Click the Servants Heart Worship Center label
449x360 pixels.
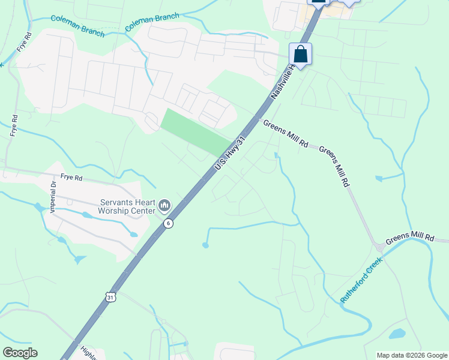[127, 207]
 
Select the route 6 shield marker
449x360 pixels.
[168, 223]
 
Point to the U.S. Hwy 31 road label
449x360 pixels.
[231, 155]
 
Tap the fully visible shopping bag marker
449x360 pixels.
[300, 55]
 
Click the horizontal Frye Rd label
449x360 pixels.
[71, 178]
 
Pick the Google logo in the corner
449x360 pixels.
[20, 353]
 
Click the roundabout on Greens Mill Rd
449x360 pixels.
[379, 247]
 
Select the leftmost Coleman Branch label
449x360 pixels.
[78, 26]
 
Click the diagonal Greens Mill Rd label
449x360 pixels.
[334, 166]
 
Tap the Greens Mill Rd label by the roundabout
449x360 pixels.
[409, 238]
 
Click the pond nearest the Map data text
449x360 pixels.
[397, 334]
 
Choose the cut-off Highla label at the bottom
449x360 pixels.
[88, 355]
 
